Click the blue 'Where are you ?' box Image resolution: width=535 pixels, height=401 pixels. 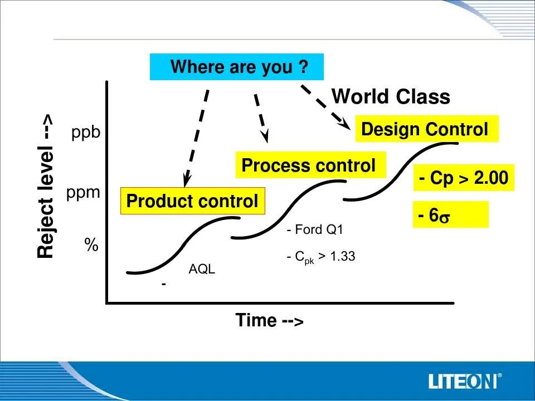[x=237, y=67]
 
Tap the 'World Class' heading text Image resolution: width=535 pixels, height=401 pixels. [x=391, y=96]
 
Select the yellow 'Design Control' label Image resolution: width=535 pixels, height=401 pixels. [x=427, y=129]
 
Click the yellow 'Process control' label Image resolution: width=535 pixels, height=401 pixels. [x=310, y=165]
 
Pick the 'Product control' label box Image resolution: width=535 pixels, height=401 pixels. [x=193, y=201]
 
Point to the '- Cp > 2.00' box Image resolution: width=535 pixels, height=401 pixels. [x=464, y=178]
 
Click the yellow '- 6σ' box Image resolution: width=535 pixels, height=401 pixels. [x=451, y=214]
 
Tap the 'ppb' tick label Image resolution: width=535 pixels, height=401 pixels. [x=86, y=133]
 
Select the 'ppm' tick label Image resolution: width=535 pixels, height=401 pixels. [x=83, y=193]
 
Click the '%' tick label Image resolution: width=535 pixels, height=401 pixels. [x=91, y=244]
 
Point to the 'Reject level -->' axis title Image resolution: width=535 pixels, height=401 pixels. [x=45, y=186]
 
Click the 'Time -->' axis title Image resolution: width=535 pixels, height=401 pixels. [x=269, y=320]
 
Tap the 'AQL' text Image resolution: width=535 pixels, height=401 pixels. [x=202, y=269]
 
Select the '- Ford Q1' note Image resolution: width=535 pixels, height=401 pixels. [x=314, y=229]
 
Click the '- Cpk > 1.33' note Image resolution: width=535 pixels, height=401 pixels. [x=321, y=256]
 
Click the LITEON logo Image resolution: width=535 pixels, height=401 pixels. [x=465, y=380]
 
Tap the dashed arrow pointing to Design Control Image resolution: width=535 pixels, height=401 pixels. [x=326, y=107]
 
